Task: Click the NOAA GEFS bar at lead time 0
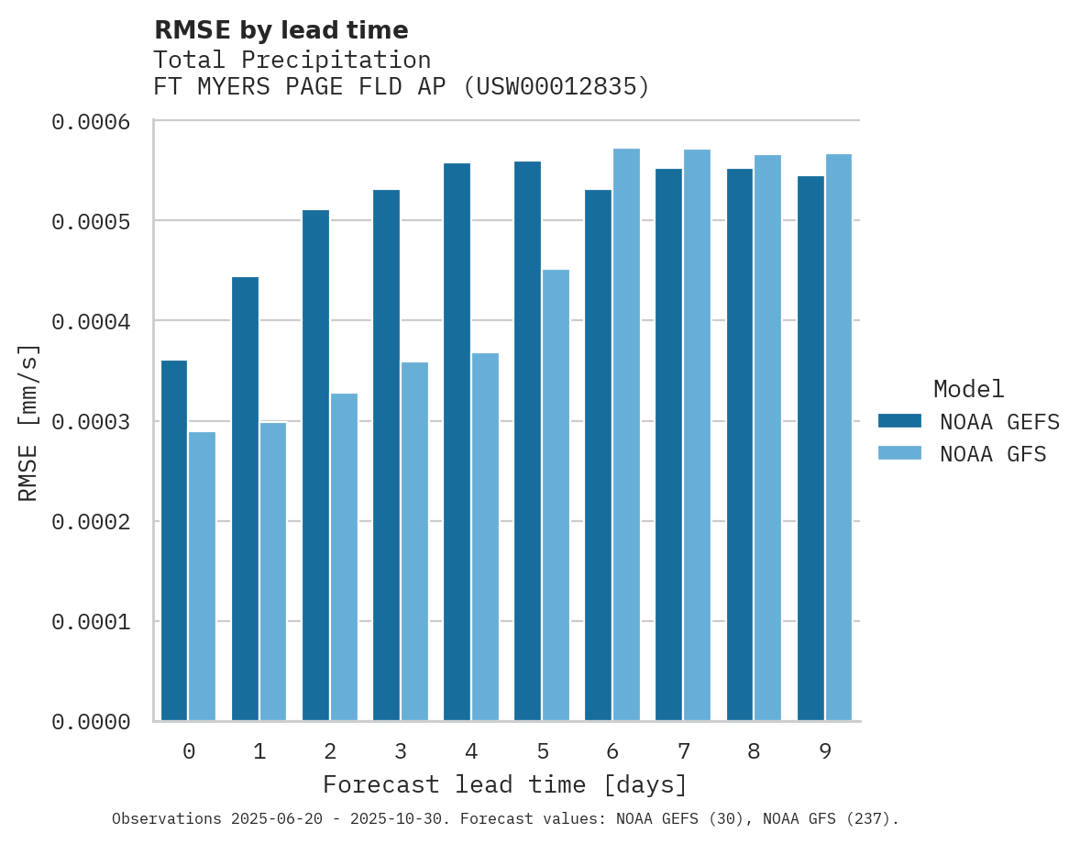(x=174, y=540)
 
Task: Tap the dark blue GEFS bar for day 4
(x=457, y=441)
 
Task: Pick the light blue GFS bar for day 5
(x=556, y=494)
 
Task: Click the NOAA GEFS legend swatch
(x=899, y=421)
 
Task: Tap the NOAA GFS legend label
(x=993, y=454)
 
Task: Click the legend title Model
(x=968, y=389)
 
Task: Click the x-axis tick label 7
(x=684, y=752)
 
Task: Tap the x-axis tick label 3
(x=401, y=752)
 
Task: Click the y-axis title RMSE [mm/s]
(x=28, y=422)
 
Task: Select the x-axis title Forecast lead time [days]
(x=505, y=785)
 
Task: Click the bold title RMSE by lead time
(x=281, y=30)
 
